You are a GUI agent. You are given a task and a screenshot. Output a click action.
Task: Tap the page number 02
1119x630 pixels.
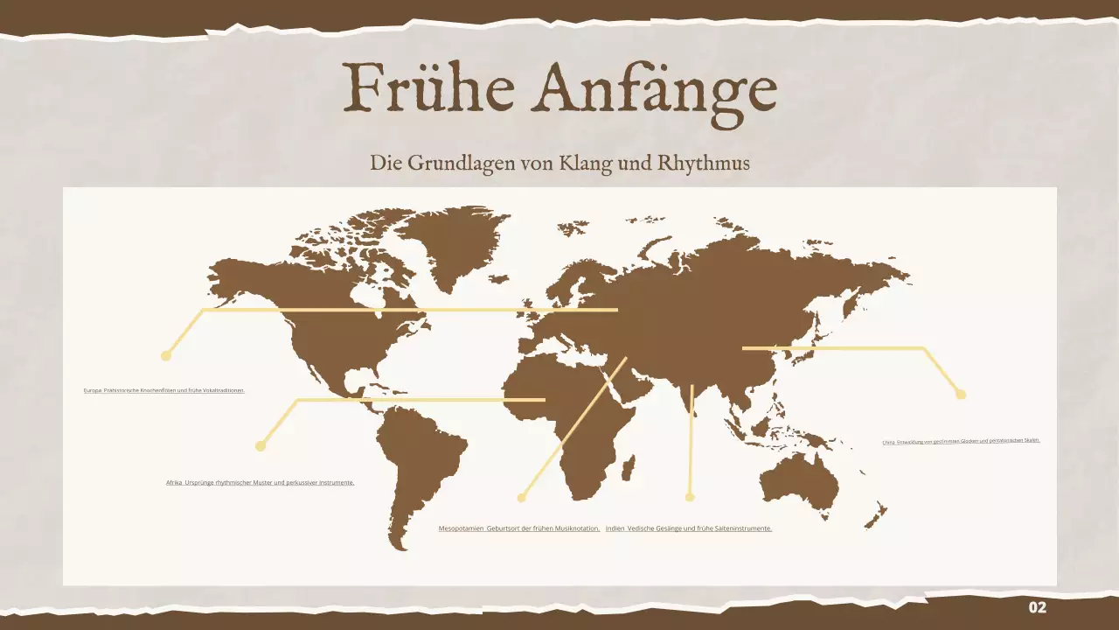1037,608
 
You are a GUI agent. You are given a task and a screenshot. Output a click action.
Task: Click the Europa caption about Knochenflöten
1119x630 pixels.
164,390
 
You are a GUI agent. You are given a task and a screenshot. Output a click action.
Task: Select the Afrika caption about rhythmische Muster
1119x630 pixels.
261,482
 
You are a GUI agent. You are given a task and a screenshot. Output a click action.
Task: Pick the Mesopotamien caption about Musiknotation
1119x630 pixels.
519,528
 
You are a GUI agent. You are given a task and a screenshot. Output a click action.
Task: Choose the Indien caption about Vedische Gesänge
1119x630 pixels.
689,528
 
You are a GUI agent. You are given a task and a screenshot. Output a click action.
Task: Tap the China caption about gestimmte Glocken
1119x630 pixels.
961,441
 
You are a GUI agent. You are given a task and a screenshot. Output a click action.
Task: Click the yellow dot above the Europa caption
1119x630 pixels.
166,355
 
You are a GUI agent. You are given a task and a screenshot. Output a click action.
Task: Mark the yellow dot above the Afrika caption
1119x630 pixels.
260,446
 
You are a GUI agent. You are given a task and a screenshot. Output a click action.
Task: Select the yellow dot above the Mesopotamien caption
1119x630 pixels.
522,498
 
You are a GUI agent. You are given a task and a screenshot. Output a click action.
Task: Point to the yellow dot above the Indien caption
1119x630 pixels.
690,497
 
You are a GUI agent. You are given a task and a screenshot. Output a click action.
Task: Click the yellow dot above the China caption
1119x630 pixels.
961,395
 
